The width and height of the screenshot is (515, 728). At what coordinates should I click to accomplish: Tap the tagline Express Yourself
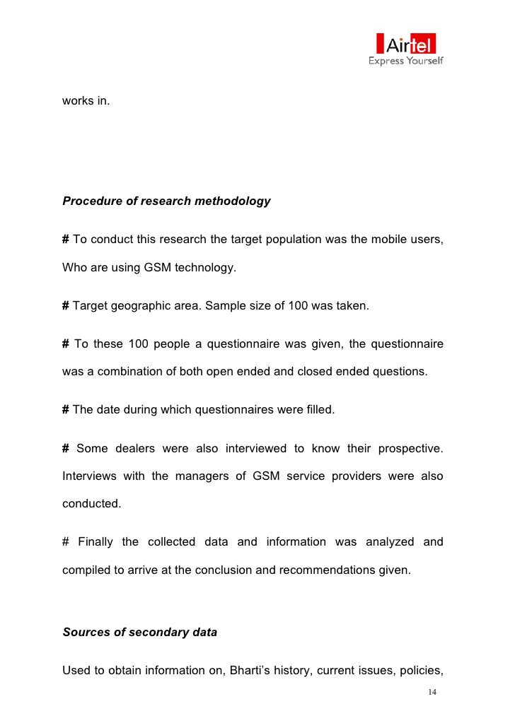(405, 61)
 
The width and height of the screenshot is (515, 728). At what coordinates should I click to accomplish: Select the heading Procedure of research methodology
(166, 201)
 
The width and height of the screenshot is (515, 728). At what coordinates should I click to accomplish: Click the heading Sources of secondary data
(139, 633)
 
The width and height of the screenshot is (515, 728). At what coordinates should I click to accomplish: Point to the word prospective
(410, 448)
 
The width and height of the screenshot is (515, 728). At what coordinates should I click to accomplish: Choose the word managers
(195, 476)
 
